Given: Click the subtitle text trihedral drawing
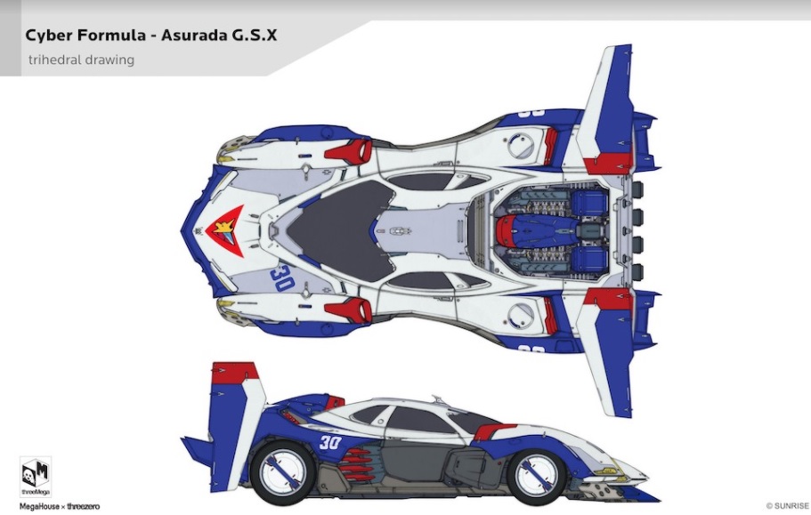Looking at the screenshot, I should (x=81, y=60).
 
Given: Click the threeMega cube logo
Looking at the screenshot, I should (x=35, y=471).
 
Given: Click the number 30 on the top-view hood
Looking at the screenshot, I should (x=282, y=278).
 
